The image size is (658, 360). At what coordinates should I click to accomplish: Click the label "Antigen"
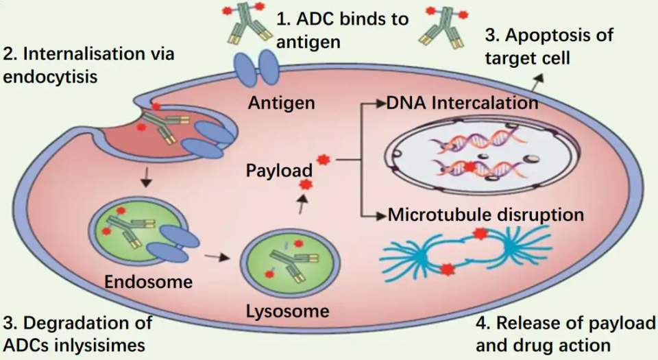[282, 104]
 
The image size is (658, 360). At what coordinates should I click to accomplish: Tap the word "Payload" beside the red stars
[279, 169]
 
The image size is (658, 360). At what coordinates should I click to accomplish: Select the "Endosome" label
[148, 281]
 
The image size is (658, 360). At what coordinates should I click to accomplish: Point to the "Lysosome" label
[288, 311]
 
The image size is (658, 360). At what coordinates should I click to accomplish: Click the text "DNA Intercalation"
[462, 104]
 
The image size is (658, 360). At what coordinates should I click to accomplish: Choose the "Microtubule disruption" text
[486, 215]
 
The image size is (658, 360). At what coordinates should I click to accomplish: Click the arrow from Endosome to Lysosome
[218, 258]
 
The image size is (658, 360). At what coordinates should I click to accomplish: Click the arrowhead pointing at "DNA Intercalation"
[381, 104]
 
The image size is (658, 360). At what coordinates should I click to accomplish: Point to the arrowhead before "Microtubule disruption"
[382, 215]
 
